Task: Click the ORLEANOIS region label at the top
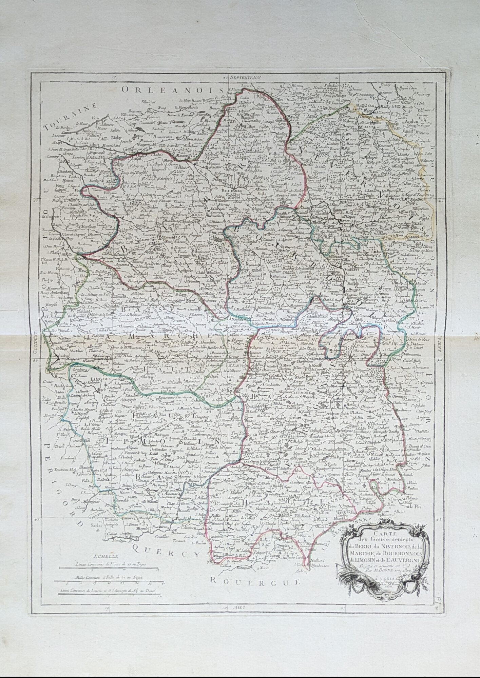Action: coord(171,89)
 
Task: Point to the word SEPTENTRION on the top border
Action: coord(245,77)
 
